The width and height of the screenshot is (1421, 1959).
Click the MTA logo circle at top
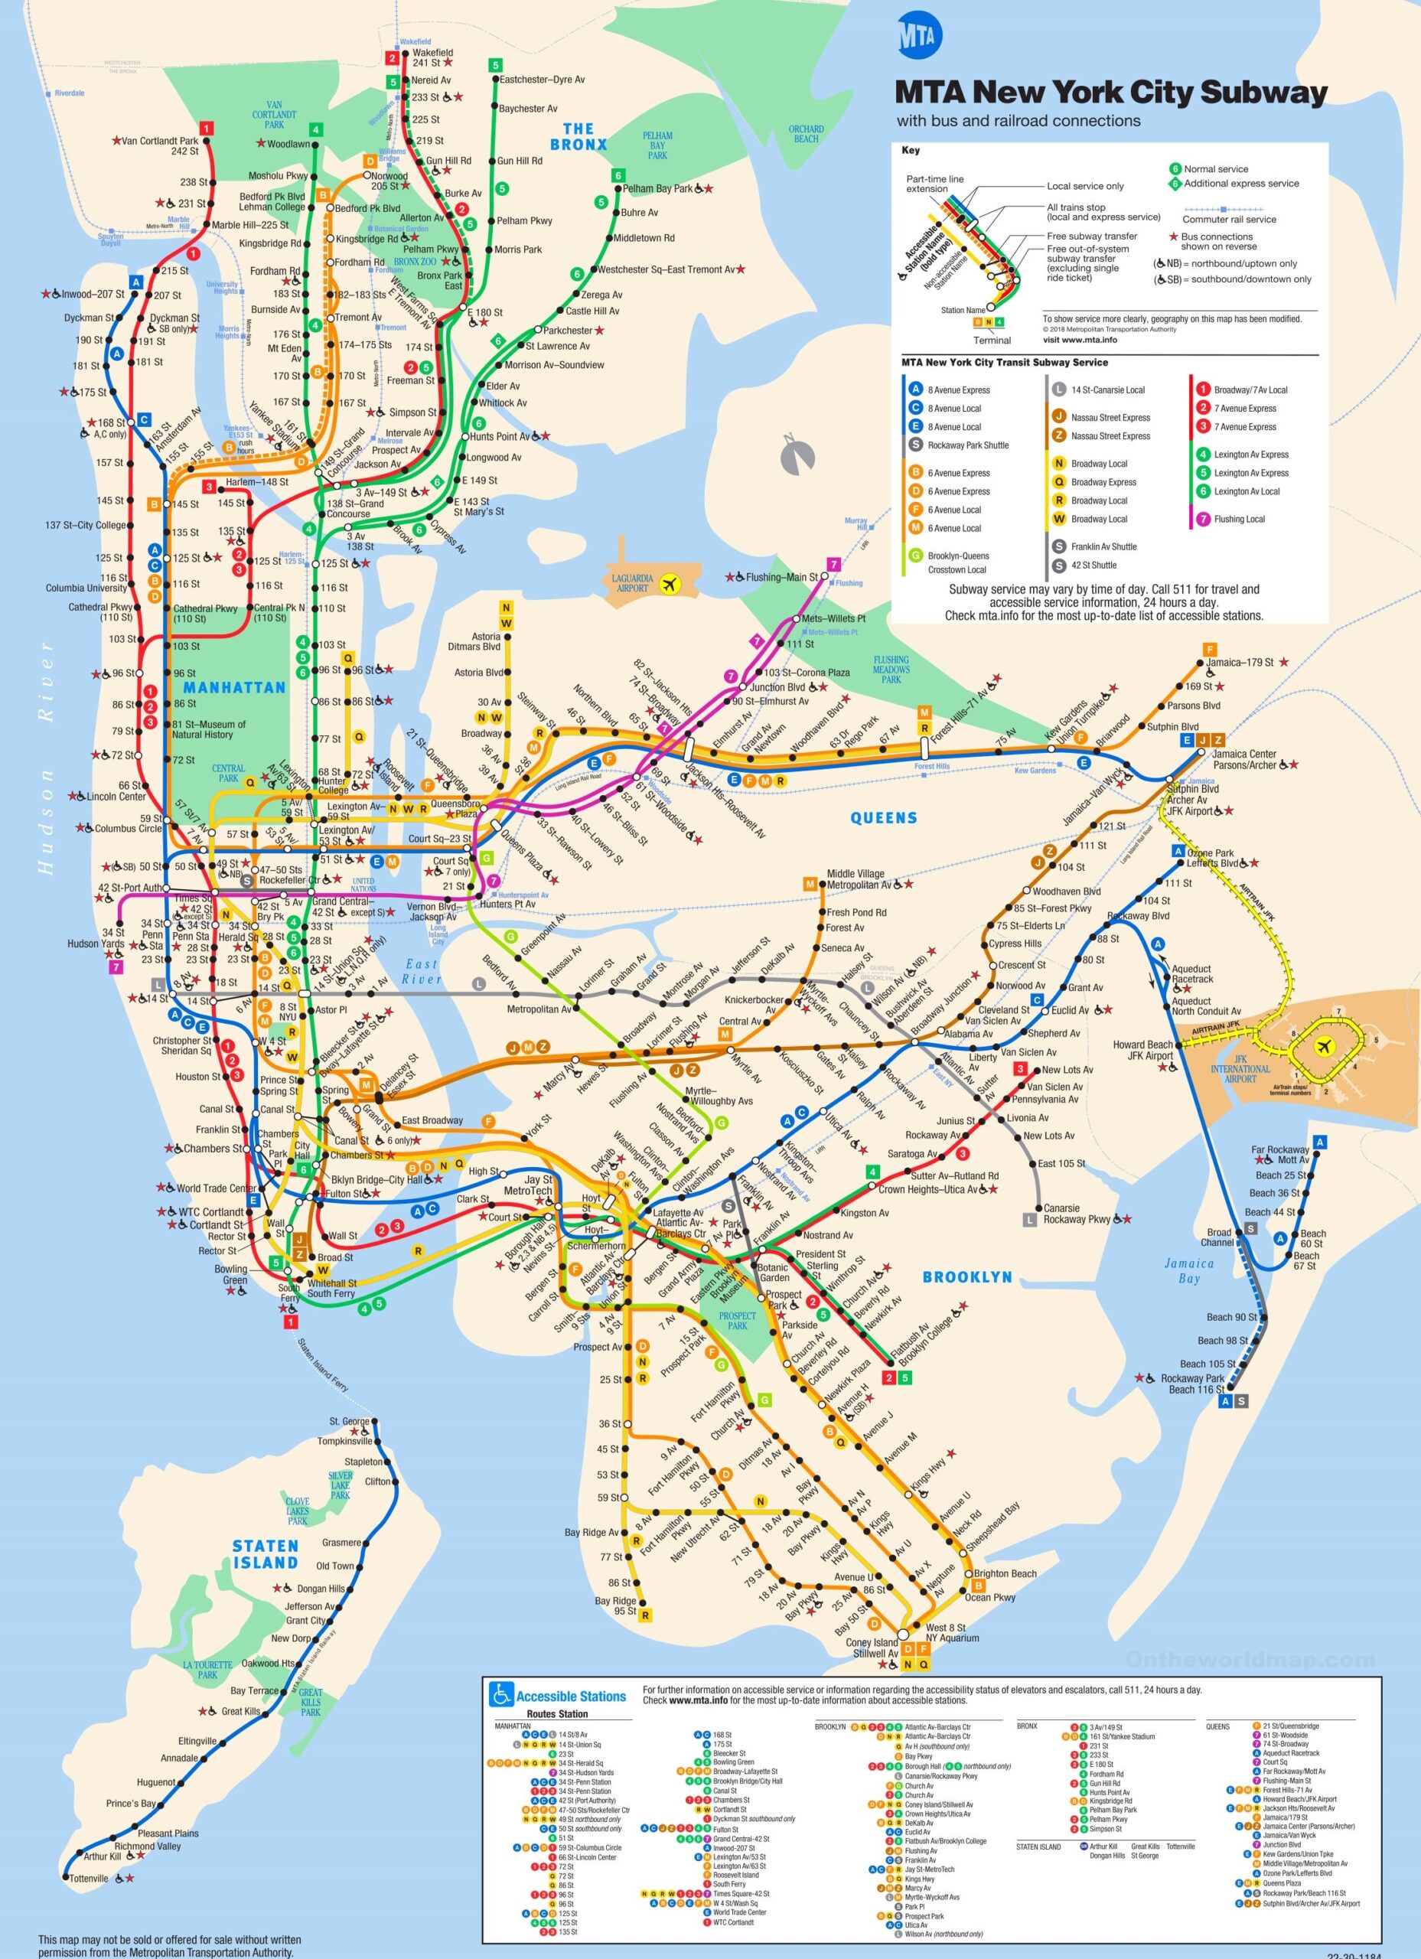(x=920, y=35)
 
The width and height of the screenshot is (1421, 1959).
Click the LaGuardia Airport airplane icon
(x=669, y=583)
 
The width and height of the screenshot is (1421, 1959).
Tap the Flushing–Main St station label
(x=781, y=576)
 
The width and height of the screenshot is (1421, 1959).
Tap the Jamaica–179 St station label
(x=1240, y=663)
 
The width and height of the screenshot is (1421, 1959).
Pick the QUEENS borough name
(x=883, y=817)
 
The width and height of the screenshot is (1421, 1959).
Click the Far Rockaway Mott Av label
(x=1280, y=1155)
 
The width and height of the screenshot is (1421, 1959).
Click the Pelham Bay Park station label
(x=658, y=188)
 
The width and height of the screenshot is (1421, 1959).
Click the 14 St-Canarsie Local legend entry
(x=1107, y=390)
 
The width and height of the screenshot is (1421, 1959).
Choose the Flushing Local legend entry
(x=1239, y=519)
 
